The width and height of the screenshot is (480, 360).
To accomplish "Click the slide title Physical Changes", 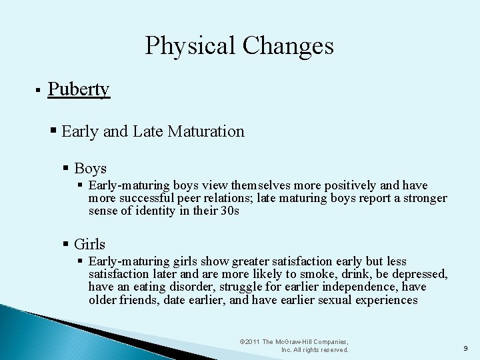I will point(239,46).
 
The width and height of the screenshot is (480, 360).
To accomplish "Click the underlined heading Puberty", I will point(79,89).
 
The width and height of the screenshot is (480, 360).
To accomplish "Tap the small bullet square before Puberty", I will point(39,90).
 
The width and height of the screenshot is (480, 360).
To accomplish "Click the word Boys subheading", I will point(90,169).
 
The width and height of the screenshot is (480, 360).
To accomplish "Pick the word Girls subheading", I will point(89,245).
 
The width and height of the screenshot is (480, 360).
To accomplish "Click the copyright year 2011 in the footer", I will point(253,342).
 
